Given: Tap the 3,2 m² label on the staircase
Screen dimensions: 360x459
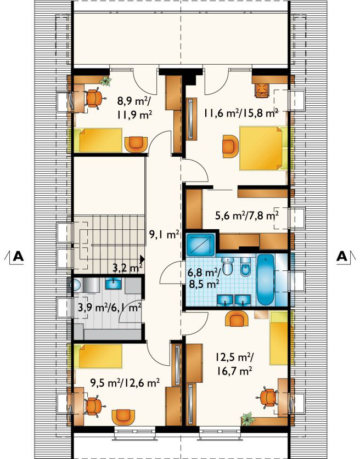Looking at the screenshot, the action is pos(128,268).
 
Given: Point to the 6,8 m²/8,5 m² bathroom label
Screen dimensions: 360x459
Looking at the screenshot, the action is pos(204,279).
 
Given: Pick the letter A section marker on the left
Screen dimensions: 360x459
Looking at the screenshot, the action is pos(18,256).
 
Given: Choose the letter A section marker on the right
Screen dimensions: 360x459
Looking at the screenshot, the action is pos(341,256).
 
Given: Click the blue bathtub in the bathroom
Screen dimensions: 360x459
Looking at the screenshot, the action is pos(266,280).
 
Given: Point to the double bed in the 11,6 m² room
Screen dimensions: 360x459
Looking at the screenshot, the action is pos(261,148).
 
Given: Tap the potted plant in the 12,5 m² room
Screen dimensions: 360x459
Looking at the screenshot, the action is pos(247,418).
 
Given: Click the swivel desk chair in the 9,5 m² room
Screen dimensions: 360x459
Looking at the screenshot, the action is pos(94,406).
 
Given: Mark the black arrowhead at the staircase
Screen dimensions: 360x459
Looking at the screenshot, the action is pos(143,258).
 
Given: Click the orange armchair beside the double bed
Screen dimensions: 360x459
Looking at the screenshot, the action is pos(231,146).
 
